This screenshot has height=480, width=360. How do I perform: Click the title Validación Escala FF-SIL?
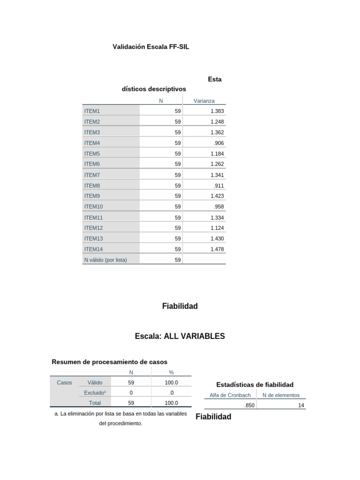point(151,47)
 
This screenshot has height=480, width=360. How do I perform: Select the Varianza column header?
point(204,101)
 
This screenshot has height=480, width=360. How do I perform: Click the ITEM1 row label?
point(92,111)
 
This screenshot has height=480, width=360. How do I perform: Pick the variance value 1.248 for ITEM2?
point(217,122)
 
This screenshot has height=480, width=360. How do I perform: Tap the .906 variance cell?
point(219,143)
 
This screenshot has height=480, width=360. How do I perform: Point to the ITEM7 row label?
point(92,175)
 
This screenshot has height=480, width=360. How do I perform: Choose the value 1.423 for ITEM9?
point(217,196)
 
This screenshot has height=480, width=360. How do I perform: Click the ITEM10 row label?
point(94,207)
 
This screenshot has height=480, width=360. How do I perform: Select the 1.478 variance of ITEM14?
point(217,249)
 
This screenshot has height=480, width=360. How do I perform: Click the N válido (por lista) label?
point(105,260)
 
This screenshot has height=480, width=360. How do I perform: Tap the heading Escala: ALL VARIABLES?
point(180,337)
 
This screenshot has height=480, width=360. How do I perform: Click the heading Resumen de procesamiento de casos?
point(109,362)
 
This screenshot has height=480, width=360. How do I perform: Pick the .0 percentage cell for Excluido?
point(172,393)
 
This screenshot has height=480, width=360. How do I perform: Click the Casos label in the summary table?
point(64,382)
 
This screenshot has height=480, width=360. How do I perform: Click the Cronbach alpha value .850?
point(249,405)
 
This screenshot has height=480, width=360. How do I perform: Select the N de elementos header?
point(281,395)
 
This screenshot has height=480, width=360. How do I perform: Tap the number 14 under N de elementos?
point(301,405)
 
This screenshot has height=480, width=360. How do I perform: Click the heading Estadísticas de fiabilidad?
point(255,385)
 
